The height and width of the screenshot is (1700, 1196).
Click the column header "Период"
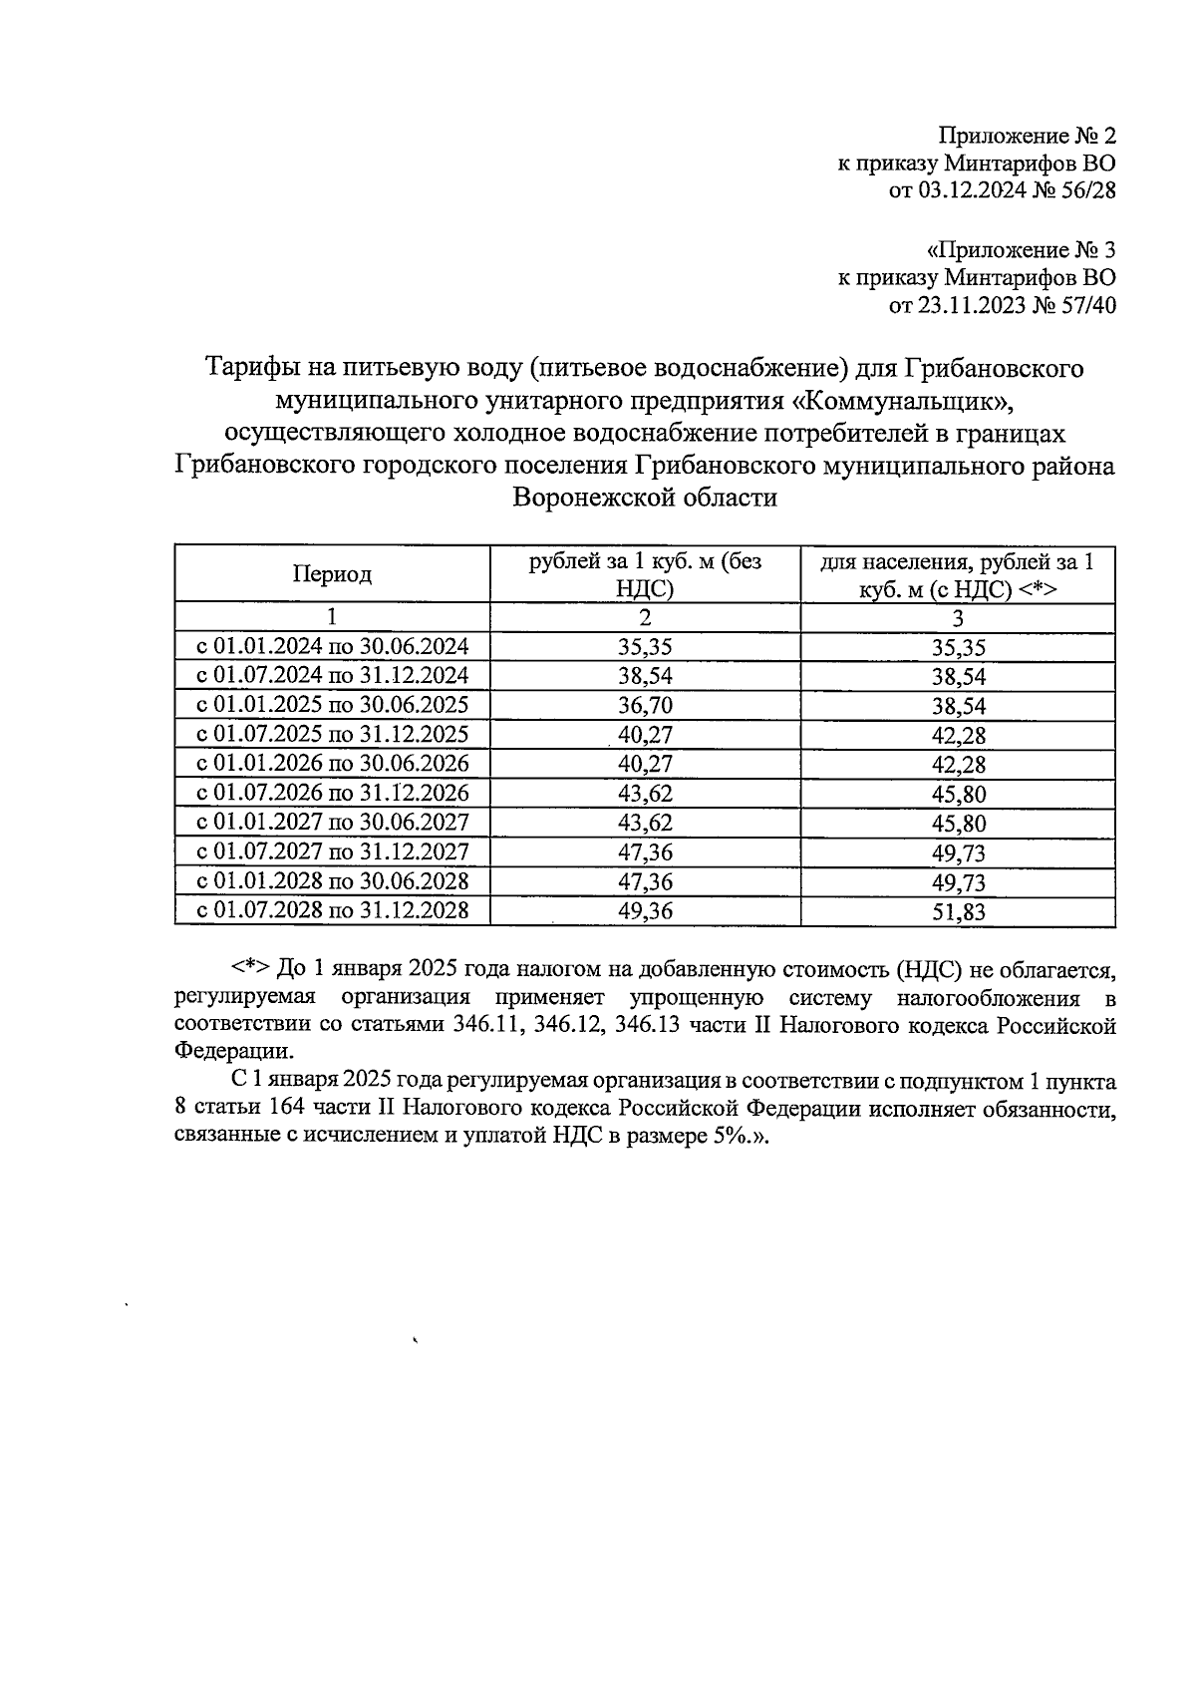pos(332,574)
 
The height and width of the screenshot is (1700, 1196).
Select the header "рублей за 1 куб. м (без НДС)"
pos(645,574)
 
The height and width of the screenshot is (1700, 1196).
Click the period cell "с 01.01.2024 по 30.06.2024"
pos(332,646)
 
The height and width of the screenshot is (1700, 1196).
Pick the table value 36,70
pos(645,705)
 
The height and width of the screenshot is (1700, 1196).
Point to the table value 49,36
pos(645,910)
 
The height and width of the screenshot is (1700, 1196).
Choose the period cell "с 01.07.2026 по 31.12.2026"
pos(332,793)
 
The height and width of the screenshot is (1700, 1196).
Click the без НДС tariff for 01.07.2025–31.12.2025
pos(645,735)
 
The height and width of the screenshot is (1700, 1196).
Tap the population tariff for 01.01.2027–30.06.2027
pos(958,824)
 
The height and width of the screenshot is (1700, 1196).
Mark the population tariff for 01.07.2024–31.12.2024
pos(958,676)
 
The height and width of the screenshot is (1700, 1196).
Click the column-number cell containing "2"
pos(645,617)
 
